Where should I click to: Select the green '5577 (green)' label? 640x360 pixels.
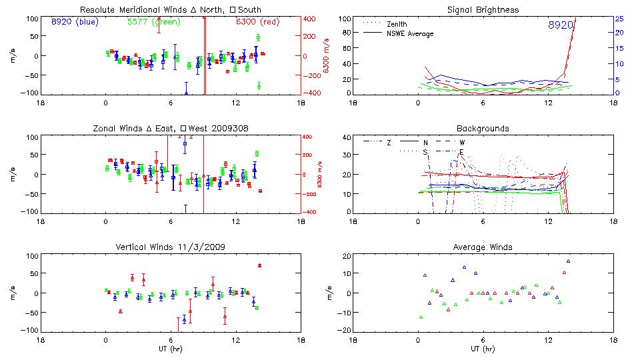(x=151, y=22)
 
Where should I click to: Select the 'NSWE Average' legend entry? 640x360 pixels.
(x=410, y=33)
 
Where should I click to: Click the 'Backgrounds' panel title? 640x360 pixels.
(x=483, y=128)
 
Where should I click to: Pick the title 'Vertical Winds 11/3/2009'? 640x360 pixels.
(x=170, y=247)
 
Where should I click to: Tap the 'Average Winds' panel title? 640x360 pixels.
(x=483, y=247)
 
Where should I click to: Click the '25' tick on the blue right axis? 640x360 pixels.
(x=619, y=19)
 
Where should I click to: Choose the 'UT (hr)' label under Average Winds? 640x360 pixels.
(x=483, y=349)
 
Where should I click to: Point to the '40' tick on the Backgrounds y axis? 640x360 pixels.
(x=345, y=138)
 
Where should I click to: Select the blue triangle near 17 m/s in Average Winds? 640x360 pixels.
(x=568, y=261)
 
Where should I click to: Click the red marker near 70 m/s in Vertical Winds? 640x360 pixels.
(x=259, y=265)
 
